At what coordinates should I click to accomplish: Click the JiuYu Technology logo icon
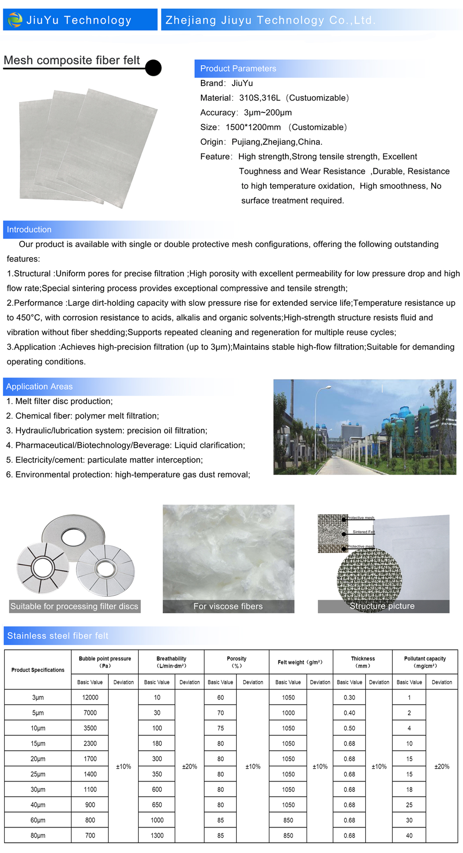[x=15, y=20]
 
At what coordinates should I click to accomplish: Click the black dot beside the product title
[x=153, y=68]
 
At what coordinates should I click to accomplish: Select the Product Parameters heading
[x=238, y=69]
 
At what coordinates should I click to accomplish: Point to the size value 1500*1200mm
[x=253, y=127]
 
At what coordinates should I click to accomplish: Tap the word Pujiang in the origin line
[x=246, y=142]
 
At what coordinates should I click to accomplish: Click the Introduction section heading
[x=29, y=229]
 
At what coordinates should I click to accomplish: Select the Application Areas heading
[x=40, y=386]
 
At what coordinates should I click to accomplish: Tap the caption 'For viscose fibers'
[x=228, y=606]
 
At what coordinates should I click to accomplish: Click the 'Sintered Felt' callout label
[x=364, y=532]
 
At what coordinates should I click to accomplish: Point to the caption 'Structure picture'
[x=382, y=606]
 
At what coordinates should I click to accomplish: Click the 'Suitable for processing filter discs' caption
[x=74, y=606]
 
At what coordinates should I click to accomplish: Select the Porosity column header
[x=236, y=662]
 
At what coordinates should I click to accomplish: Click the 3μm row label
[x=38, y=697]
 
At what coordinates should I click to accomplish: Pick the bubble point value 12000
[x=90, y=697]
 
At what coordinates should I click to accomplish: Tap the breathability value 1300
[x=157, y=835]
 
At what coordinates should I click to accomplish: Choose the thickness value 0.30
[x=350, y=697]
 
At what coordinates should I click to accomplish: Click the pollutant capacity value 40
[x=409, y=835]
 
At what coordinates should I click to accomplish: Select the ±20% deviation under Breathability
[x=189, y=766]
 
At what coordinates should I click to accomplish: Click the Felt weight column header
[x=300, y=662]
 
